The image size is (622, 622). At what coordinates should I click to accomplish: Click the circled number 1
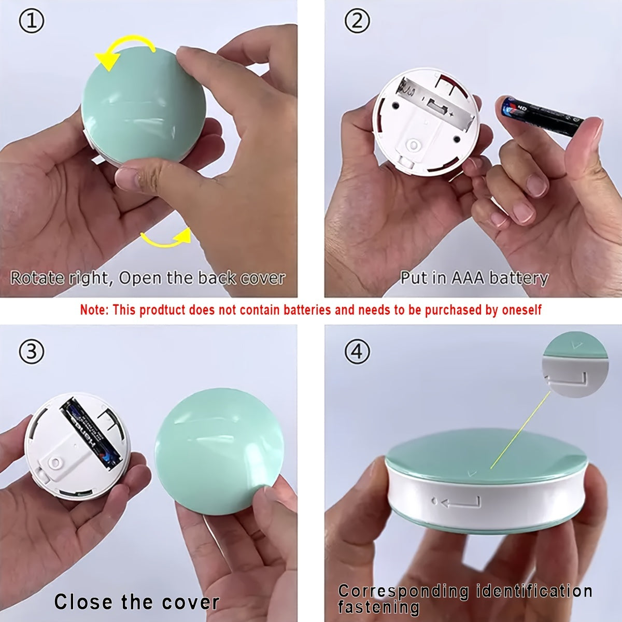[31, 21]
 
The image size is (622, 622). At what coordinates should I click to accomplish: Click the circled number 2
[357, 21]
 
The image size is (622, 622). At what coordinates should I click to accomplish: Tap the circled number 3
[31, 352]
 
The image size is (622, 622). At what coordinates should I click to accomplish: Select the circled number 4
[357, 352]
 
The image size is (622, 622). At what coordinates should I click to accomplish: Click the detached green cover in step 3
[219, 453]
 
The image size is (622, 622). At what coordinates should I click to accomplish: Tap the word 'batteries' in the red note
[307, 310]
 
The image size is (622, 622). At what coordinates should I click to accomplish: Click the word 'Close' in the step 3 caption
[84, 601]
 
